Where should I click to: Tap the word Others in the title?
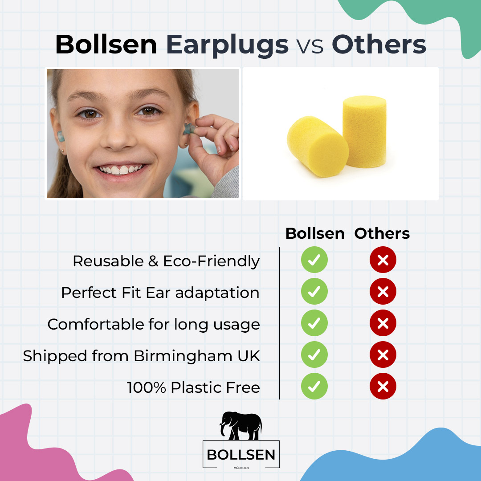tap(379, 45)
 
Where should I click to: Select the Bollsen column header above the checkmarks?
tap(315, 233)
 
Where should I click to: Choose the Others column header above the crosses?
tap(382, 233)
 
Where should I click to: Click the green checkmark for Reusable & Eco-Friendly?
tap(314, 260)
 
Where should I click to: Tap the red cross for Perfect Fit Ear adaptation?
tap(383, 291)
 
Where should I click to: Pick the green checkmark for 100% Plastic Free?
tap(314, 386)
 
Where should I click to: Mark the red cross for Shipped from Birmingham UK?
tap(383, 355)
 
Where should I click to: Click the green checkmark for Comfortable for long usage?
tap(314, 323)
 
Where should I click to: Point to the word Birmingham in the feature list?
tap(183, 356)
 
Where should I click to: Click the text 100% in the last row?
tap(147, 387)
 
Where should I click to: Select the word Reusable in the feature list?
tap(108, 261)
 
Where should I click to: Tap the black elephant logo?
tap(241, 426)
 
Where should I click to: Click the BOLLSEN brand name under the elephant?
tap(241, 455)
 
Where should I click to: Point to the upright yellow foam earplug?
tap(364, 132)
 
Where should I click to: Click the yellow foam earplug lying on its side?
tap(318, 147)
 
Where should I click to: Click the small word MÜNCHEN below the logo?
tap(241, 468)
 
